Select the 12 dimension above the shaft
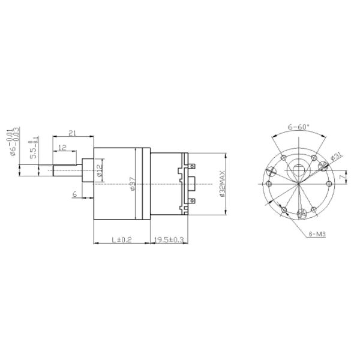(x=62, y=147)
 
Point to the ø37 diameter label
(x=133, y=182)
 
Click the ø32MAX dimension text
(x=221, y=182)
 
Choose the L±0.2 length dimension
(x=122, y=240)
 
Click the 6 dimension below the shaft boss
(x=74, y=194)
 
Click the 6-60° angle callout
(x=298, y=127)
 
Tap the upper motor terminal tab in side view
(x=191, y=163)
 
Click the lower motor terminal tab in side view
(x=191, y=202)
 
